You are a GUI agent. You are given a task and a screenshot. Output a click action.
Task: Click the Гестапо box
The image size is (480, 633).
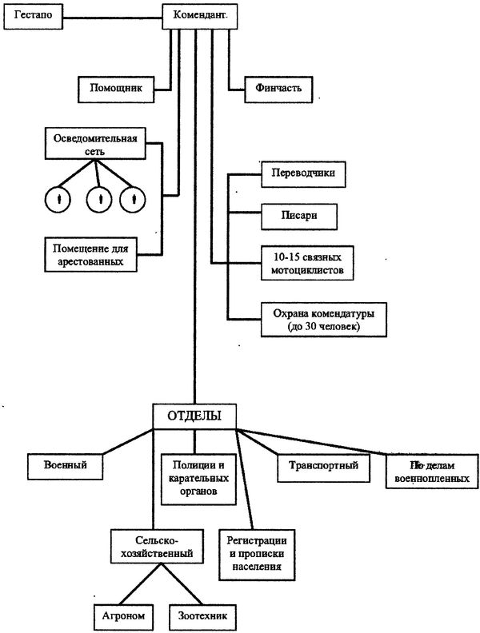(33, 16)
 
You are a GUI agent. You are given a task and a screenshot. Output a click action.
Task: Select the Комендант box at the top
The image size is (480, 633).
(199, 15)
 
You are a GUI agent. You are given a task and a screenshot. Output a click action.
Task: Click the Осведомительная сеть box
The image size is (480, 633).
(95, 144)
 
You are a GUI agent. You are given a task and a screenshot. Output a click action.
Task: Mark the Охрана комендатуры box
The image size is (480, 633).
(318, 319)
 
